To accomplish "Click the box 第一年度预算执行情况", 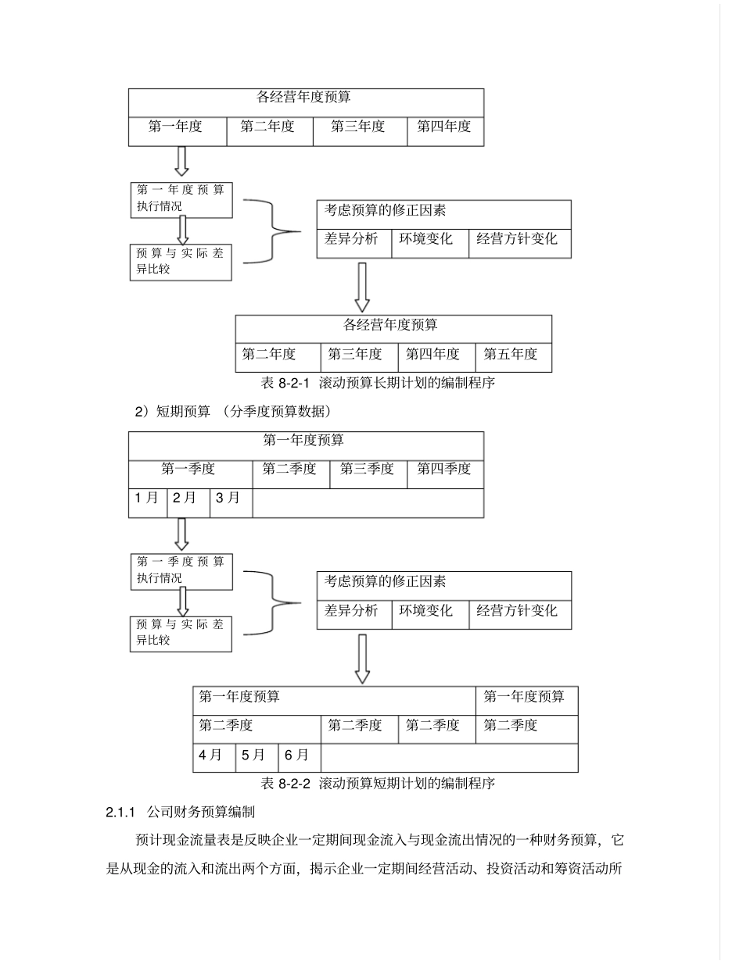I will (181, 198).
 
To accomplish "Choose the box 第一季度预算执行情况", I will (181, 571).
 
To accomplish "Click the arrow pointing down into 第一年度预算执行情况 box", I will (181, 161).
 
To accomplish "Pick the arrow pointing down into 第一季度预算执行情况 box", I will (181, 534).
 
